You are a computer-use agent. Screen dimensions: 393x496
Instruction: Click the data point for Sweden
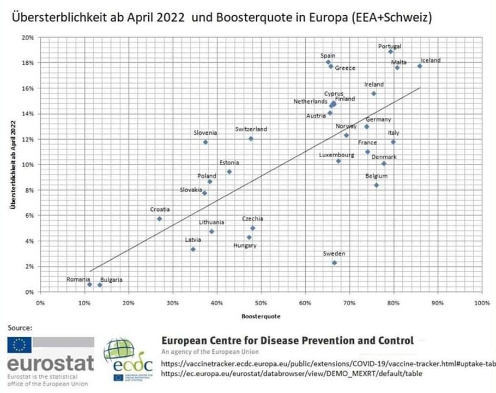click(334, 263)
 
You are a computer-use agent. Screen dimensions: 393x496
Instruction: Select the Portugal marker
click(390, 51)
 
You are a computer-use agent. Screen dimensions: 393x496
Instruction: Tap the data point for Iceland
click(420, 66)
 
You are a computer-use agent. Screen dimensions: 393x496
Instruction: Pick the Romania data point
click(89, 284)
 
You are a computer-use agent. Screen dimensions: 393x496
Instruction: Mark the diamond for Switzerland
click(251, 139)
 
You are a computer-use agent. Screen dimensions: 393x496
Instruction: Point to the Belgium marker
click(377, 185)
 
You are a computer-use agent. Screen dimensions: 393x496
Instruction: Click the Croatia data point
click(159, 218)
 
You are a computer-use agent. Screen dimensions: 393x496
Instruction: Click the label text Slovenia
click(205, 133)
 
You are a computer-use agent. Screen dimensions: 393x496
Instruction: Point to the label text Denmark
click(384, 157)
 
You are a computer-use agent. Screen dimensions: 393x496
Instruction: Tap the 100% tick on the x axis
click(481, 302)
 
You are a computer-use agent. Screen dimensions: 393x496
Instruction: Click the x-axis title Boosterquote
click(260, 316)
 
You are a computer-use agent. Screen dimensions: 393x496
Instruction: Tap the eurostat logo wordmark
click(50, 364)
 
